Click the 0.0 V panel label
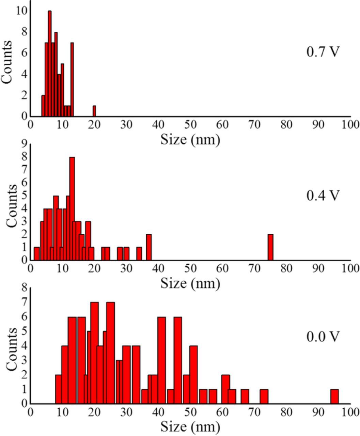[x=323, y=336]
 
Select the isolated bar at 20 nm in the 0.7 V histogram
[x=94, y=111]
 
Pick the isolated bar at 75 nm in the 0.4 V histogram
[x=270, y=247]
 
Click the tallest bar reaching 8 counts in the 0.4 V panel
[x=72, y=208]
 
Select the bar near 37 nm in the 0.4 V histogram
[x=149, y=247]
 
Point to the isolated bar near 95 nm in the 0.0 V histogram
[x=334, y=396]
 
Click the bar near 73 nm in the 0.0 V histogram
[x=264, y=396]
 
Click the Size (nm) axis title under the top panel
[x=190, y=139]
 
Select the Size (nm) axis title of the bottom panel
[x=190, y=426]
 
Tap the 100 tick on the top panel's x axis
[x=350, y=125]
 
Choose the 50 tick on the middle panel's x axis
[x=190, y=269]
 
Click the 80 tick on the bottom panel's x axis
[x=286, y=412]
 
